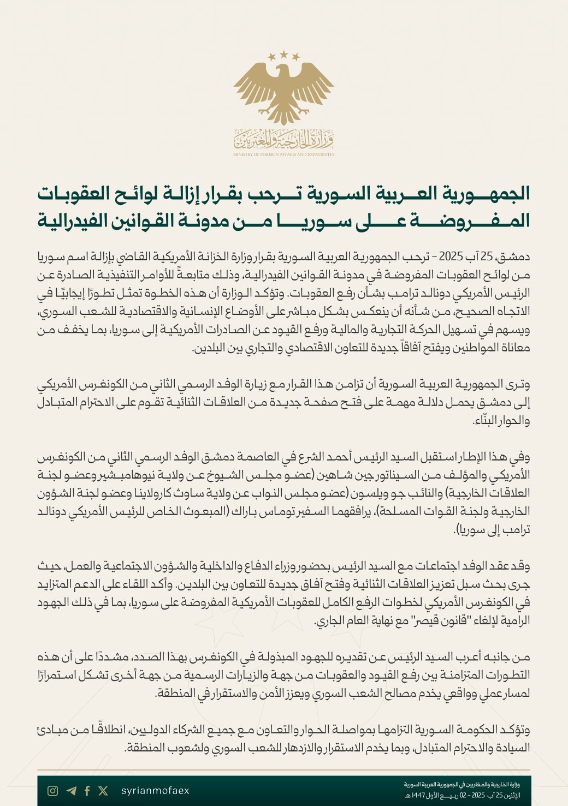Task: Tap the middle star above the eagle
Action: pos(284,53)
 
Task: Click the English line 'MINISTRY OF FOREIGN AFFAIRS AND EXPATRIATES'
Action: pos(283,154)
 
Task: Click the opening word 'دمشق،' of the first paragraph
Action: pos(515,256)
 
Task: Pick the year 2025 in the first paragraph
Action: pos(452,256)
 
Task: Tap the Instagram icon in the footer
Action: pos(53,791)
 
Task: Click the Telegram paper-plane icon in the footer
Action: pos(71,791)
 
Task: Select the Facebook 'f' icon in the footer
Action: pos(87,791)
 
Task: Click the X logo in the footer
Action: pos(103,791)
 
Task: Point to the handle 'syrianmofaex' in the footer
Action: pos(155,791)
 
